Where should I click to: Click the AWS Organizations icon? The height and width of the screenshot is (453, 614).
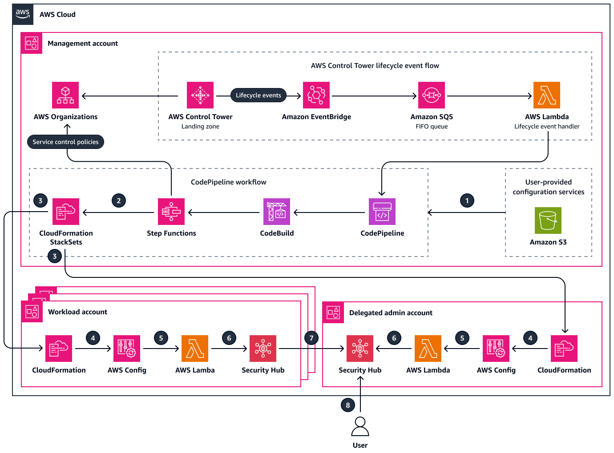[65, 95]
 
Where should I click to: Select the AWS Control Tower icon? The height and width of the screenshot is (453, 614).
[200, 95]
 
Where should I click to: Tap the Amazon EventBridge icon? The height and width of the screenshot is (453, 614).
[316, 95]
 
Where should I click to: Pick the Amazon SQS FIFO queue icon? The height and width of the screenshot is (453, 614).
[432, 95]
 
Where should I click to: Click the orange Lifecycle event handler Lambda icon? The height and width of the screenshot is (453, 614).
[547, 95]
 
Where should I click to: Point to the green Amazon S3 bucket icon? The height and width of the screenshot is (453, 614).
[548, 220]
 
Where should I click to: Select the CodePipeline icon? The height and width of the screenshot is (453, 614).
[382, 212]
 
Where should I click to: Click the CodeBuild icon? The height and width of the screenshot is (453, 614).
[277, 212]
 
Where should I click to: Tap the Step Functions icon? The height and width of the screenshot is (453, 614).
[171, 212]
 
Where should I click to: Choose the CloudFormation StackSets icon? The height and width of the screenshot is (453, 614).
[66, 212]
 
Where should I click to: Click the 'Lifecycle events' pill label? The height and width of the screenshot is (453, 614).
[259, 95]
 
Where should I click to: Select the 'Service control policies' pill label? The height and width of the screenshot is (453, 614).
[65, 142]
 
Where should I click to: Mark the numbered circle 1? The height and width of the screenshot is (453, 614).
[467, 200]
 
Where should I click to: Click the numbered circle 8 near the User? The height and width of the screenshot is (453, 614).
[348, 405]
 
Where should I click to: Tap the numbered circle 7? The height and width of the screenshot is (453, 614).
[311, 338]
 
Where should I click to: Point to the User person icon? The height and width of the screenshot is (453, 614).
[360, 427]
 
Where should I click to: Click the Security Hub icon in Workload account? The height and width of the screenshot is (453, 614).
[263, 349]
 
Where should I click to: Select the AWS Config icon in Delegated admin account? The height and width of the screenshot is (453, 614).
[496, 349]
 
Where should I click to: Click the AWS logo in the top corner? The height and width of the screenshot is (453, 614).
[23, 14]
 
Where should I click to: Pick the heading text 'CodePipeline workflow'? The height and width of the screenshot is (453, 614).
[229, 182]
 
